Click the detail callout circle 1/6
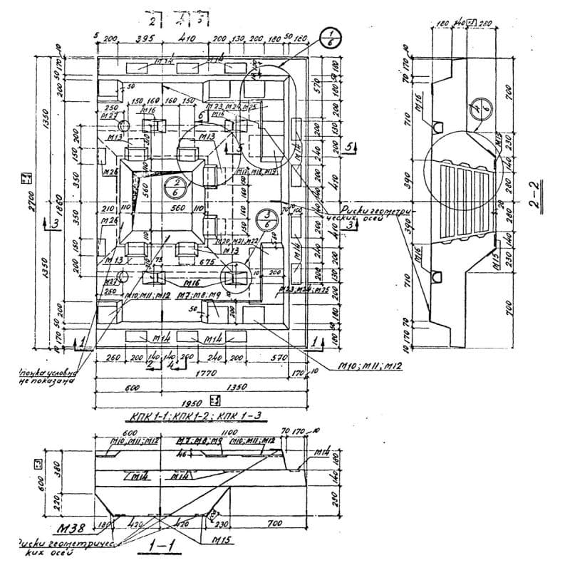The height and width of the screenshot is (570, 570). [x=329, y=37]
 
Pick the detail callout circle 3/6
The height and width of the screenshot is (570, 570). [x=265, y=218]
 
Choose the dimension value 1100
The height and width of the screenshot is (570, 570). [x=229, y=432]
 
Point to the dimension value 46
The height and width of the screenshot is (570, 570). [x=182, y=453]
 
